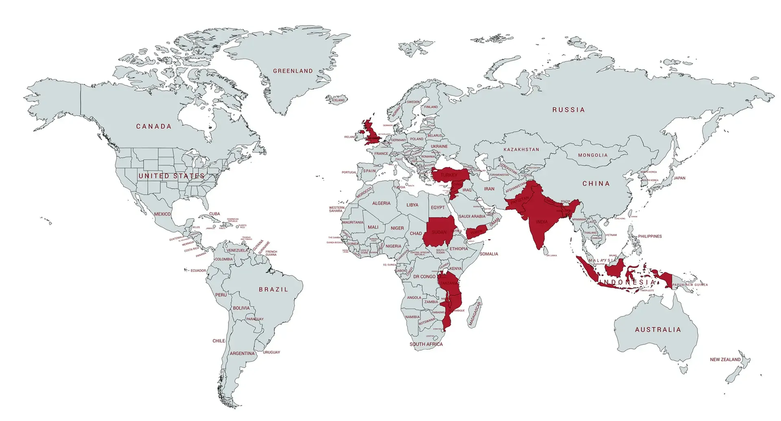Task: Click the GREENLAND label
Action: click(x=292, y=71)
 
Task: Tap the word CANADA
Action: click(x=154, y=126)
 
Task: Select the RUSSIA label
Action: click(x=568, y=110)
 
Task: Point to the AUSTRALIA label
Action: click(x=658, y=330)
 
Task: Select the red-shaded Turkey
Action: click(x=449, y=175)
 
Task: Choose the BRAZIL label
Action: click(x=273, y=290)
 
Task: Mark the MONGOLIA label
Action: click(x=593, y=155)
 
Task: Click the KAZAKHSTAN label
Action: click(x=521, y=149)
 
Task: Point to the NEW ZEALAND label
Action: click(x=725, y=359)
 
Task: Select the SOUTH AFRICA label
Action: click(x=426, y=344)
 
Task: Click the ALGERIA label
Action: click(x=381, y=203)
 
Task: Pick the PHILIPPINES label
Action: click(x=650, y=236)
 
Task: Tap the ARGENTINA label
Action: click(x=242, y=354)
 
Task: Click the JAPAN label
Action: click(x=679, y=178)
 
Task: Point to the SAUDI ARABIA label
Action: click(x=472, y=216)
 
